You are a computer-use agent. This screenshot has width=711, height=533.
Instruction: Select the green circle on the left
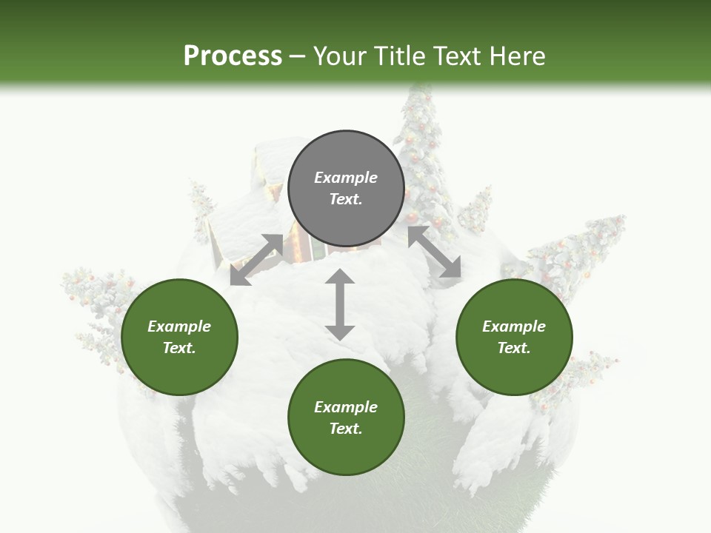pyautogui.click(x=179, y=337)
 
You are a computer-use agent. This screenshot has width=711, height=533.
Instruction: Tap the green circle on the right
pyautogui.click(x=514, y=337)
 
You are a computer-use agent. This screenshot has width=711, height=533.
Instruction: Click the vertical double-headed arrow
pyautogui.click(x=340, y=304)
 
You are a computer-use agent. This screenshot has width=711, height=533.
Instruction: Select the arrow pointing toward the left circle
pyautogui.click(x=256, y=260)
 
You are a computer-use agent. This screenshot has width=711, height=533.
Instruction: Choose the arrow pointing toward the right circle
pyautogui.click(x=434, y=252)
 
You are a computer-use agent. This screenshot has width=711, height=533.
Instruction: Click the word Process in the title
pyautogui.click(x=233, y=56)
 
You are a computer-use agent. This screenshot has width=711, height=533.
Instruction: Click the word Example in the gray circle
pyautogui.click(x=346, y=178)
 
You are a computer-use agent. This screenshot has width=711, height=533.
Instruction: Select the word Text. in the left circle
pyautogui.click(x=179, y=348)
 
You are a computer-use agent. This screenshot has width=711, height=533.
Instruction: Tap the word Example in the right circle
pyautogui.click(x=514, y=326)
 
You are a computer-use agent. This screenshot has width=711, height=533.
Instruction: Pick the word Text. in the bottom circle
pyautogui.click(x=346, y=429)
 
